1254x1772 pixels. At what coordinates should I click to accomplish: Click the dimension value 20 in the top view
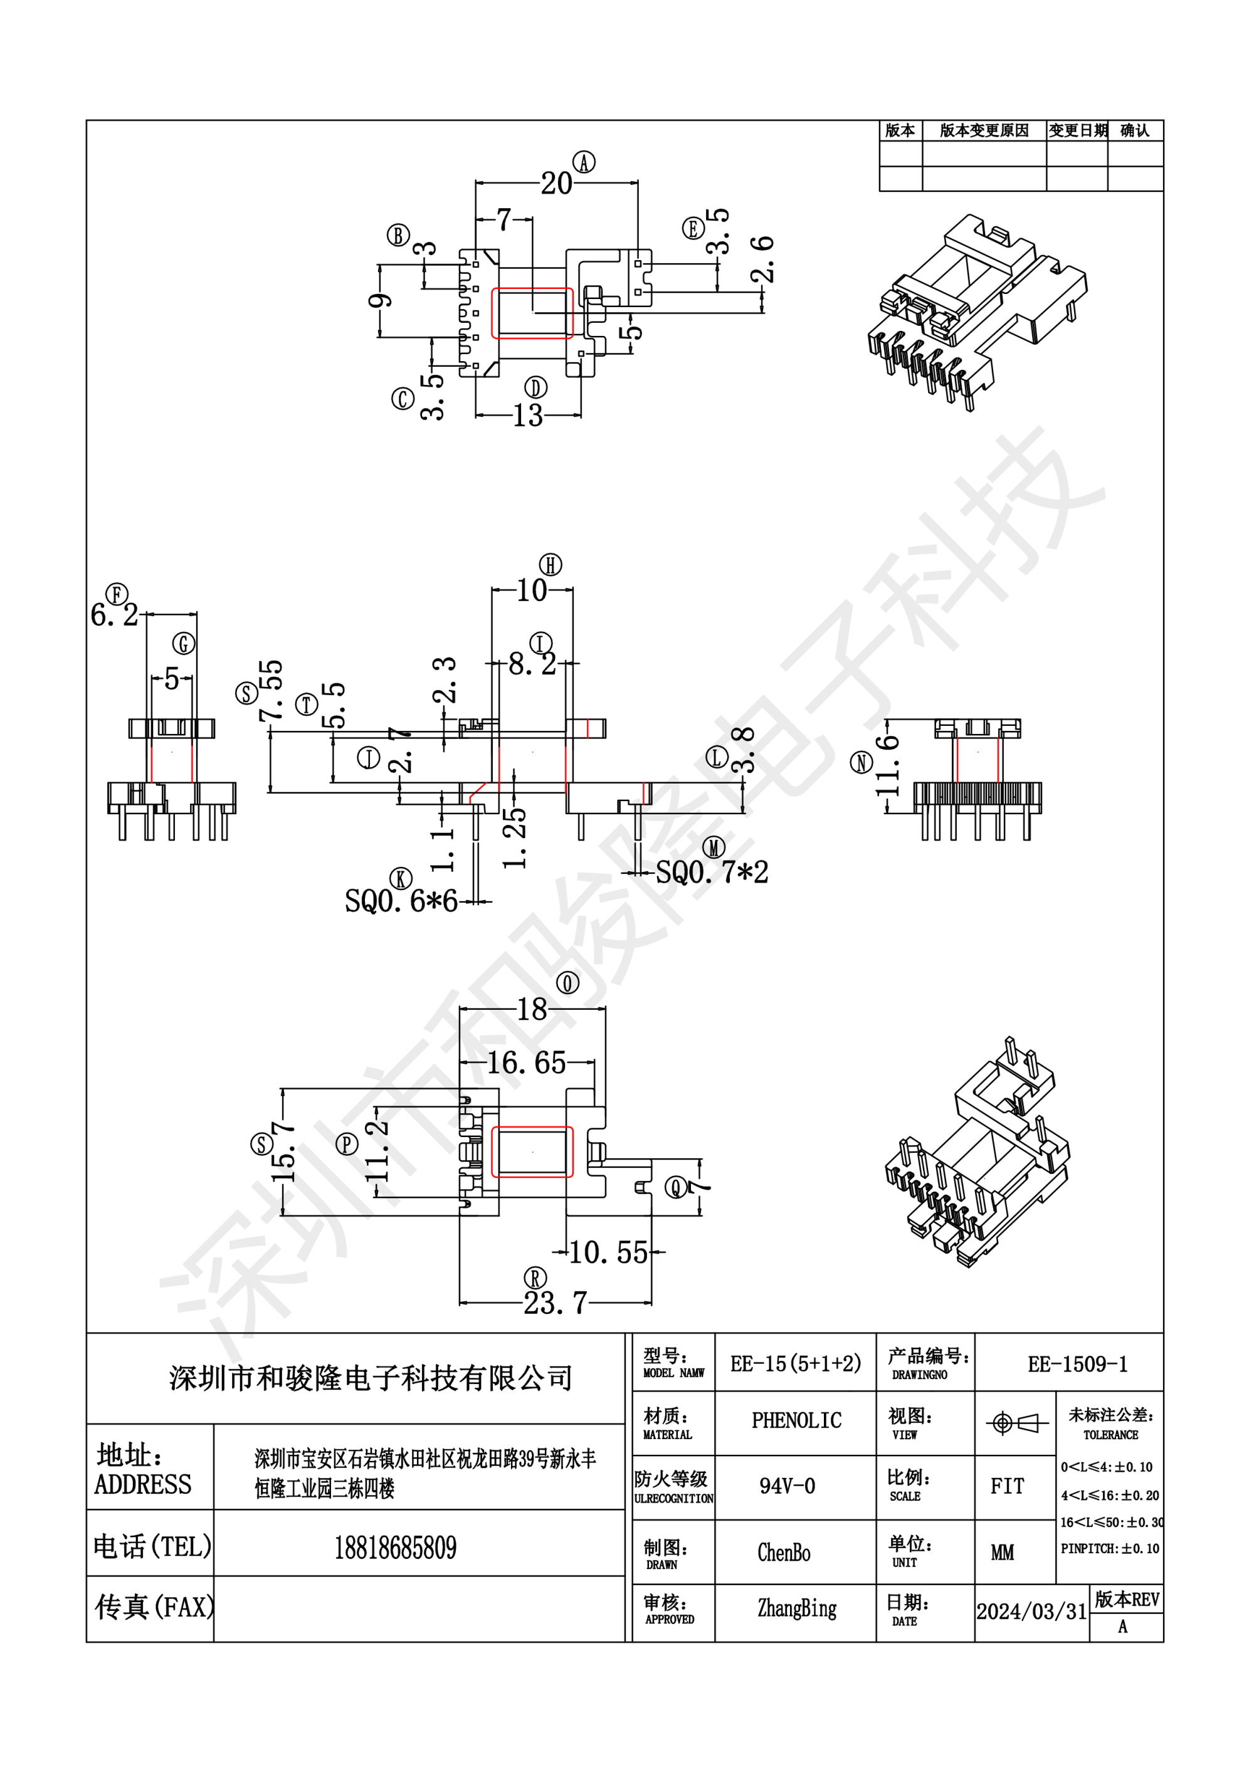556,184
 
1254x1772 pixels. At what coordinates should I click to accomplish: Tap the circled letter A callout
584,162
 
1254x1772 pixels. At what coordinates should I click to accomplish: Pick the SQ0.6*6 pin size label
401,901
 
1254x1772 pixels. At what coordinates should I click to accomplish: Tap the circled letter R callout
535,1278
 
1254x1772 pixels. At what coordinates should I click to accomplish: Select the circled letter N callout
861,763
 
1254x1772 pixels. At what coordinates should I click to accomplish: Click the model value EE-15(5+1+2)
795,1364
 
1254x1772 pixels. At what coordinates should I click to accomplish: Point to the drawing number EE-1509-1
1077,1365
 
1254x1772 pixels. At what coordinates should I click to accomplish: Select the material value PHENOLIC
796,1421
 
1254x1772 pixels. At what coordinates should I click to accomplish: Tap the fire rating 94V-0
787,1486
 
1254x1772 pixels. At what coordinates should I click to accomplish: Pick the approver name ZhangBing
797,1608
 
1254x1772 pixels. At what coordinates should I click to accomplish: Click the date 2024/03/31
1031,1612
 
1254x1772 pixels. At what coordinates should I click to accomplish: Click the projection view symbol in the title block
1016,1422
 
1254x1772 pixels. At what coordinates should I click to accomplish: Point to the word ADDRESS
143,1485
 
